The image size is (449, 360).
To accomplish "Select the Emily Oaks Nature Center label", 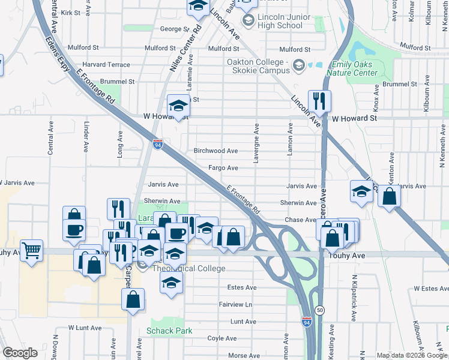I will (x=352, y=69).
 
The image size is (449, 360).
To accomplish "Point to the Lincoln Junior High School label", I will (x=280, y=22).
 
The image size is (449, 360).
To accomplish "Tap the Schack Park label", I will (x=169, y=331).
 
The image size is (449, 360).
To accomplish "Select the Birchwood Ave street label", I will (x=215, y=151).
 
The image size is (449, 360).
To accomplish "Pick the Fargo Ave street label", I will (x=223, y=169).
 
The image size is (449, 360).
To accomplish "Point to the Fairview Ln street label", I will (x=236, y=305).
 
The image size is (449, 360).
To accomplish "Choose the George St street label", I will (x=174, y=29).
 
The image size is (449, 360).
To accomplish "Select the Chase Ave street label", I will (x=300, y=220).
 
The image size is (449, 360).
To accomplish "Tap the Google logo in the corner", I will (x=20, y=352).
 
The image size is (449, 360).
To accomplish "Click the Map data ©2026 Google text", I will (x=412, y=355).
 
